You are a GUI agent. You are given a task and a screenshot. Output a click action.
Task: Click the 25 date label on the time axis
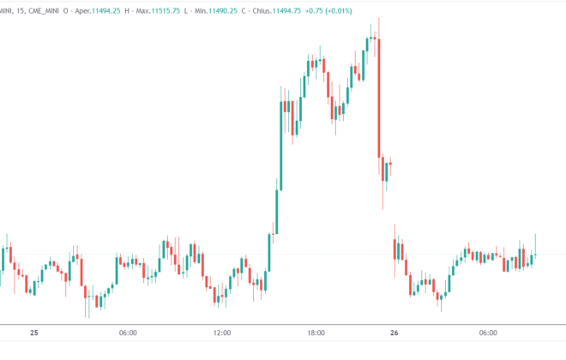33,333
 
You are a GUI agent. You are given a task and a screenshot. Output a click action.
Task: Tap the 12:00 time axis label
221,333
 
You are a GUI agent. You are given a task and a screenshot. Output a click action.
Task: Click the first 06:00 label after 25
129,333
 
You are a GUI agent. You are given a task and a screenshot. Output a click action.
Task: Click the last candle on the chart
535,252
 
